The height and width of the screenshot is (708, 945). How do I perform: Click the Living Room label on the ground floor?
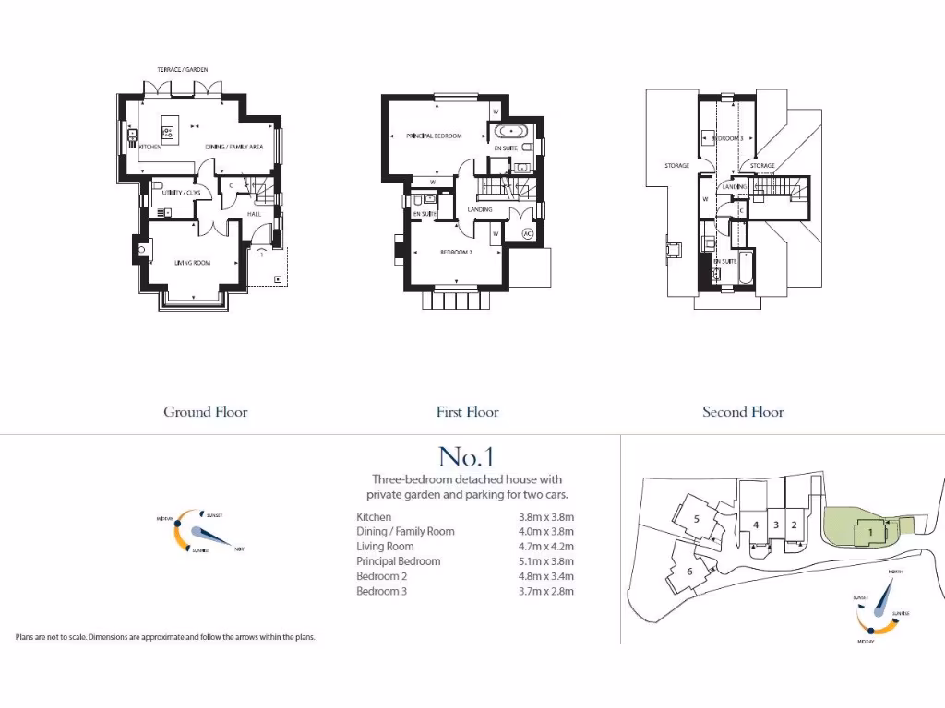point(193,263)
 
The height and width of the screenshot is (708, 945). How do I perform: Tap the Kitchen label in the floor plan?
point(151,147)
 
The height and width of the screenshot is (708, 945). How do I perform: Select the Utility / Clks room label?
point(181,193)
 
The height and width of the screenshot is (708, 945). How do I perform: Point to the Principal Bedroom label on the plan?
point(434,136)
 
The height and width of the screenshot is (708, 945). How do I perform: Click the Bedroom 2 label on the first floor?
point(456,252)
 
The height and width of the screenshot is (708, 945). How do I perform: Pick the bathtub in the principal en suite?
point(510,132)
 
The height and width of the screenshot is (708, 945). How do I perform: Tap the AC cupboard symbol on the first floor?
point(528,232)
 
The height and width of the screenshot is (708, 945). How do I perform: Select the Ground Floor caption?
point(206,412)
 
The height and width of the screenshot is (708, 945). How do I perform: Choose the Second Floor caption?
point(743,412)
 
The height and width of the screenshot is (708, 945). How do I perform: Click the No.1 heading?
point(467,456)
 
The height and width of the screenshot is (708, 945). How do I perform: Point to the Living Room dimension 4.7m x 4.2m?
point(546,547)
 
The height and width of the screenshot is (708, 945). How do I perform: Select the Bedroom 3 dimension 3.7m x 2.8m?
point(546,591)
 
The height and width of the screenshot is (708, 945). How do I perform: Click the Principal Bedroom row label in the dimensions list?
point(399,561)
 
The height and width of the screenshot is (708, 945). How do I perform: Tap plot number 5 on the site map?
point(697,518)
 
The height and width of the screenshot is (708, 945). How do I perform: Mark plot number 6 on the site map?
point(689,571)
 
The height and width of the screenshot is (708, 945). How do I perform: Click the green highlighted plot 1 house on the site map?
point(869,532)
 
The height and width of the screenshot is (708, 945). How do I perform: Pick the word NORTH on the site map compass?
point(894,572)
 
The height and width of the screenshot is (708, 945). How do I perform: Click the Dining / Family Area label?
point(234,147)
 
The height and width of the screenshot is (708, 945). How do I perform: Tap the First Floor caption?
point(467,412)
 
